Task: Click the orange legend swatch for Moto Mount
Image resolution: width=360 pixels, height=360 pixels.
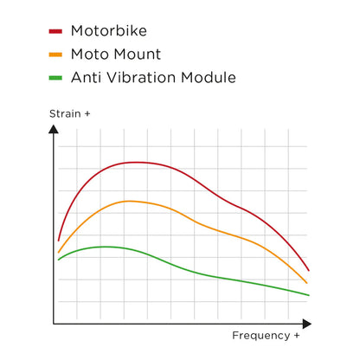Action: click(55, 55)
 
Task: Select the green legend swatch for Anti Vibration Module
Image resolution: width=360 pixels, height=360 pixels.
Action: click(55, 78)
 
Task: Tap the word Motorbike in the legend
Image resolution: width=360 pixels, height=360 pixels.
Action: click(110, 31)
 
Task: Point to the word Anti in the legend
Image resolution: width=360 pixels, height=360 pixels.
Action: click(89, 77)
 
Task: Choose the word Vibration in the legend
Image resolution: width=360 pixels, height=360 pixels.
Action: click(145, 77)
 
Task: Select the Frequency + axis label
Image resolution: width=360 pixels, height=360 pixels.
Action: click(266, 335)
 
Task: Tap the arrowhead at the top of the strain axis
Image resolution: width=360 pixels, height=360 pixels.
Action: click(54, 131)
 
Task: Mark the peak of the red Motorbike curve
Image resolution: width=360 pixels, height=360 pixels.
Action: click(134, 162)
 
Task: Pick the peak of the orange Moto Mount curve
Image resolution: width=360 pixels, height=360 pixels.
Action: click(130, 201)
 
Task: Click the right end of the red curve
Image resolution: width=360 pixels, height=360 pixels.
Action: click(309, 270)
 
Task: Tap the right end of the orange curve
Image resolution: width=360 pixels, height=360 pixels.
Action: click(307, 283)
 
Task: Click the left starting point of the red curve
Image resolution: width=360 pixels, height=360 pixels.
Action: click(58, 240)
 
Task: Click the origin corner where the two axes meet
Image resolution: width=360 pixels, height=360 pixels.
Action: click(54, 324)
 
